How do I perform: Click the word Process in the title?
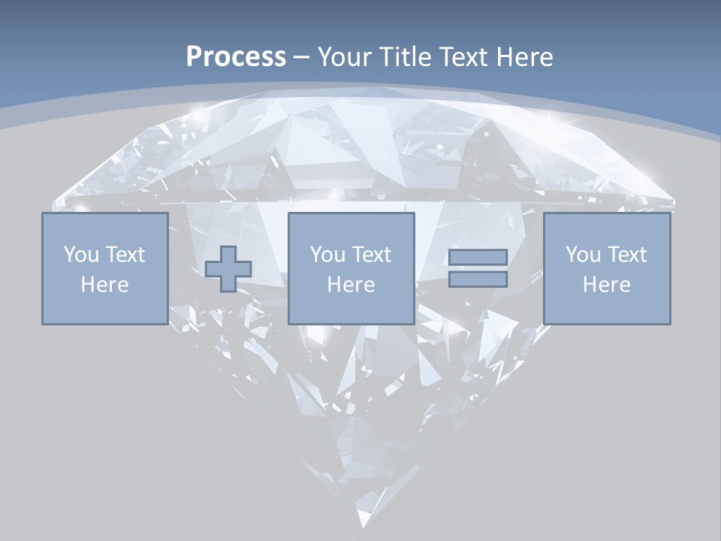point(236,57)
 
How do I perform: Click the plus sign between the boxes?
point(228,269)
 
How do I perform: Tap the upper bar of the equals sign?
point(478,257)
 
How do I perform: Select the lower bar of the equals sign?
point(478,280)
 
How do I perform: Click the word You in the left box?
point(80,255)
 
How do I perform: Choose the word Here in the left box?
point(104,285)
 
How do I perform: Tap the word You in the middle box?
point(327,255)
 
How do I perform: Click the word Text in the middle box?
point(371,255)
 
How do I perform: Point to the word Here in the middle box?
point(351,285)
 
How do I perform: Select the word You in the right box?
point(582,255)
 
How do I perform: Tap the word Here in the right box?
point(606,285)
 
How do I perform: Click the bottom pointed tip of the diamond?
point(364,525)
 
